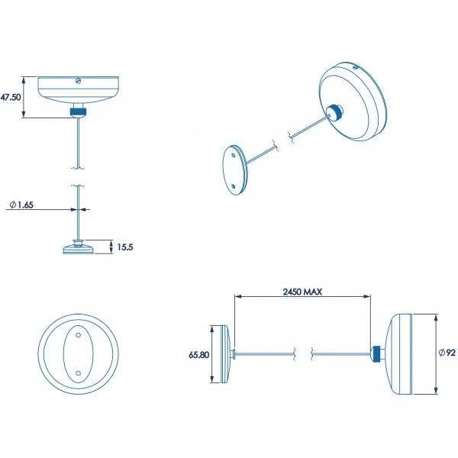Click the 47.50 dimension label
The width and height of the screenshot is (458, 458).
[11, 97]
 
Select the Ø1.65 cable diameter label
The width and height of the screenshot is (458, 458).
[21, 205]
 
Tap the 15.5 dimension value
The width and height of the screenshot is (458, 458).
[125, 247]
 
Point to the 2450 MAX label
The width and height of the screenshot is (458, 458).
[302, 292]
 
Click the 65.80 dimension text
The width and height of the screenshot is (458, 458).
[199, 355]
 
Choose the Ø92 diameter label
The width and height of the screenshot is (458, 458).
[447, 353]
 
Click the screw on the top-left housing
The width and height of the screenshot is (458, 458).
[78, 81]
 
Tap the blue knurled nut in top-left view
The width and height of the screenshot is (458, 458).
[79, 111]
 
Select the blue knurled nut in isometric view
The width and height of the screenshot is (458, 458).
[336, 113]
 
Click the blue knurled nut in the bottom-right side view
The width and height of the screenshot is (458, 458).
[376, 353]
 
